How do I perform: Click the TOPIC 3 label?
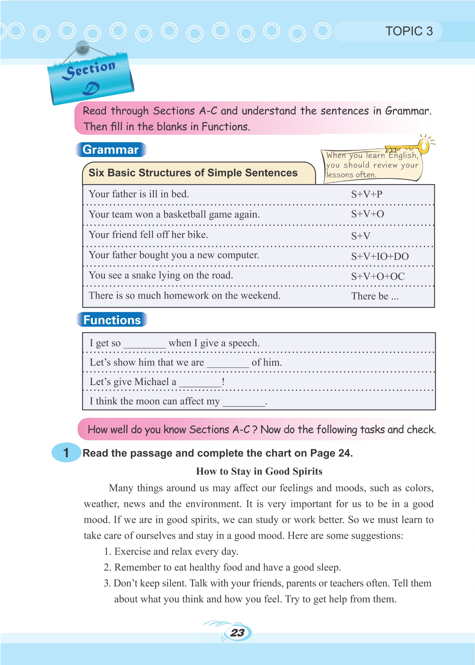coord(409,31)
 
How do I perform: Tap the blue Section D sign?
coord(91,78)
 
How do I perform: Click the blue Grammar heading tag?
coord(110,150)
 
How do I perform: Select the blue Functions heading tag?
coord(112,320)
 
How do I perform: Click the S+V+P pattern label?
coord(367,194)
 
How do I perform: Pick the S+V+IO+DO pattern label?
coord(380,256)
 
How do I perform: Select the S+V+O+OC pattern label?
coord(378,277)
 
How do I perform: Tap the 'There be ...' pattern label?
coord(375,296)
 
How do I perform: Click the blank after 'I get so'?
coord(144,344)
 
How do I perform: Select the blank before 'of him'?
coord(228,364)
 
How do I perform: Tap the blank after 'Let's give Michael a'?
coord(200,383)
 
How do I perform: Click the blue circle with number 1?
coord(66,453)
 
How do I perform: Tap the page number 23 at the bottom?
coord(238,633)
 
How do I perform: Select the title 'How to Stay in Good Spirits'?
coord(259,471)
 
